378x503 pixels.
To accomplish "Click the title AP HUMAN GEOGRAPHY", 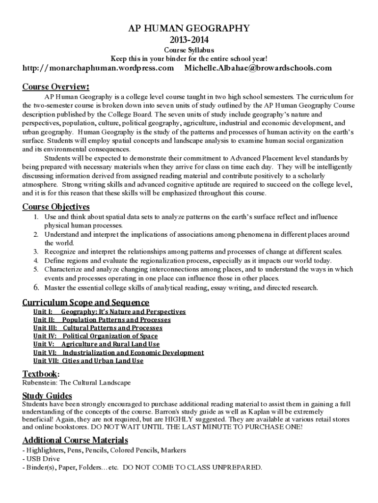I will coord(189,28).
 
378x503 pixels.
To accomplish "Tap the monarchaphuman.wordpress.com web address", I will coord(98,68).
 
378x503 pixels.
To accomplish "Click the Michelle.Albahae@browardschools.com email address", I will coord(258,68).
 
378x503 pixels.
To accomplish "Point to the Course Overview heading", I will coord(56,87).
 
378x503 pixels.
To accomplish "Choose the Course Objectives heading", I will coord(56,206).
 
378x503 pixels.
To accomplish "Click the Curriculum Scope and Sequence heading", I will coord(86,302).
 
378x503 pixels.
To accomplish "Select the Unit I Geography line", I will coord(109,311).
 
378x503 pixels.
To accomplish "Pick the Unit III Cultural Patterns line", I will coord(98,328).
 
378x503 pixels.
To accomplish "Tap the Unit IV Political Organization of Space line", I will coord(96,336).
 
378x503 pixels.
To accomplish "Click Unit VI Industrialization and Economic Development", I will coord(118,352).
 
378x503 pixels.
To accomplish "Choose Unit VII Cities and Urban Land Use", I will coord(88,361).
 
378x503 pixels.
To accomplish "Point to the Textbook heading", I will coord(41,374).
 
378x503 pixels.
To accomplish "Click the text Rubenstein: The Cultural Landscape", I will coord(77,382).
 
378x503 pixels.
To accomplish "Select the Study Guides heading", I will coord(47,396).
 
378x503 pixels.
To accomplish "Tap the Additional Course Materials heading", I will coord(75,440).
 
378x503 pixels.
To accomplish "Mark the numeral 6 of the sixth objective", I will coord(36,287).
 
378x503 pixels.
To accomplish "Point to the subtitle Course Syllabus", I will coord(189,50).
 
